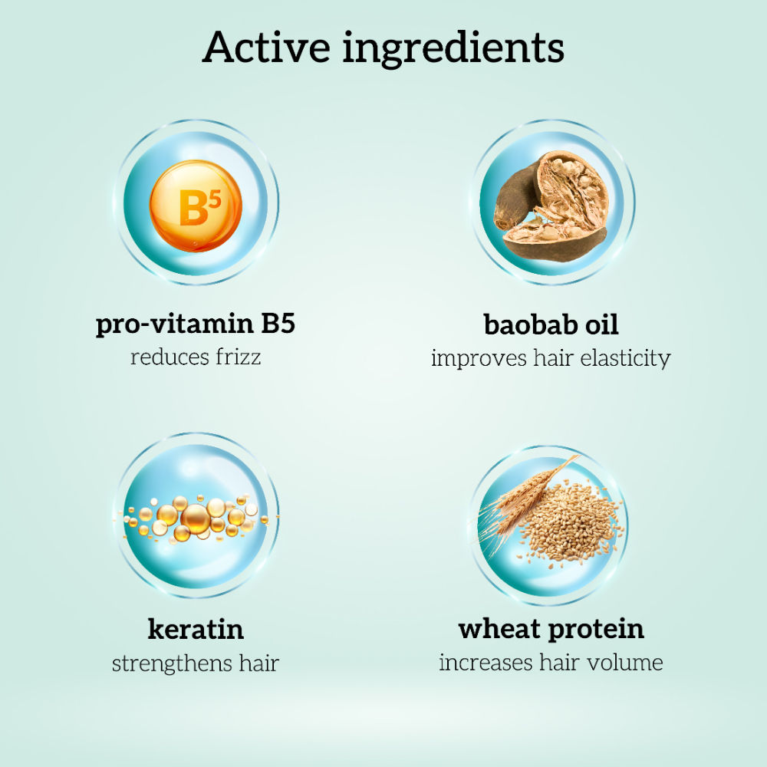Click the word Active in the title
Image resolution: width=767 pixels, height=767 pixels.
coord(267,47)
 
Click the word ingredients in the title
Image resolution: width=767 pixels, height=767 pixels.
coord(453,49)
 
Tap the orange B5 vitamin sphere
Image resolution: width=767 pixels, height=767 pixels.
coord(196,206)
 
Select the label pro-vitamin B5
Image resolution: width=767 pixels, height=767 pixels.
coord(196,324)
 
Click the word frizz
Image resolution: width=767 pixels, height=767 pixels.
coord(239,357)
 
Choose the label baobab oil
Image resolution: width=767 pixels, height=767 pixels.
coord(551,324)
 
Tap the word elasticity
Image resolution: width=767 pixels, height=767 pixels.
coord(625,358)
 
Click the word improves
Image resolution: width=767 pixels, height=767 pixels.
coord(479,358)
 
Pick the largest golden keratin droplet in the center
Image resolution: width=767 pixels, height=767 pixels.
coord(196,518)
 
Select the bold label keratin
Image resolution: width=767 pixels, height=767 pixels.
coord(196,629)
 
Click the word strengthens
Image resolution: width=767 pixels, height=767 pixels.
coord(171,663)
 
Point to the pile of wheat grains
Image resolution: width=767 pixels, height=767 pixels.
coord(570,523)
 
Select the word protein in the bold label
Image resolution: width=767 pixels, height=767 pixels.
coord(596,630)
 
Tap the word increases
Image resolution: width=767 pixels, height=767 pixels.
coord(486,663)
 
